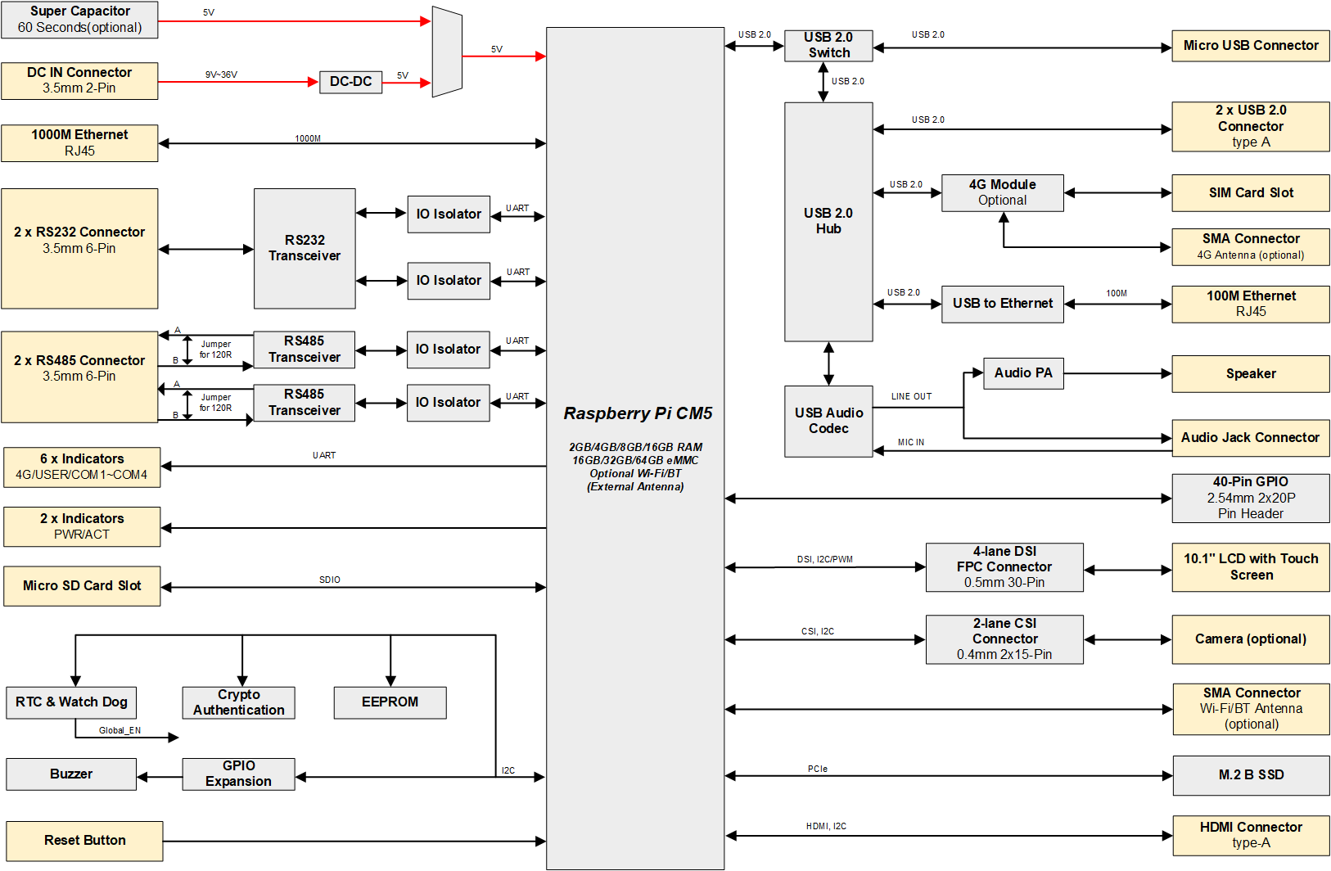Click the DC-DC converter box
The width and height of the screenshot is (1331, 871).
coord(350,82)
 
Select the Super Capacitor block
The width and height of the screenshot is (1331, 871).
coord(79,20)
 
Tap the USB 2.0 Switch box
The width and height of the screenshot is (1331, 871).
coord(828,45)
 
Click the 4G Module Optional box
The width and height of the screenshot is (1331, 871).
coord(1002,192)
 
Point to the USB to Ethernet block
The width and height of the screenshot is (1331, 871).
coord(1002,304)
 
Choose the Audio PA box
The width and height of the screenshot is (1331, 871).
coord(1022,373)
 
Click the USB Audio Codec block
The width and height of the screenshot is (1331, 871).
coord(828,421)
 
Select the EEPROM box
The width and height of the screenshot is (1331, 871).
coord(390,702)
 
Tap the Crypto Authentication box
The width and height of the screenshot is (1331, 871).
coord(238,702)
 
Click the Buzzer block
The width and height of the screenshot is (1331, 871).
coord(71,774)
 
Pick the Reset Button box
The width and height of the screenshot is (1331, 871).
coord(84,841)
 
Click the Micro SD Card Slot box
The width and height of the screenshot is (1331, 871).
coord(82,586)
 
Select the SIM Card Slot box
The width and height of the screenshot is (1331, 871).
coord(1250,193)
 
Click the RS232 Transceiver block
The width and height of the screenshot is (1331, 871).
coord(305,248)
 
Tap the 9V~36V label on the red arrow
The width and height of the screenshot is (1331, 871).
coord(221,74)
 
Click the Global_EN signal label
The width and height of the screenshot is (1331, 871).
coord(120,730)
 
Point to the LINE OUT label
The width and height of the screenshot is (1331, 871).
coord(911,396)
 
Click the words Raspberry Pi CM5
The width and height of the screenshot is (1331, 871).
coord(638,413)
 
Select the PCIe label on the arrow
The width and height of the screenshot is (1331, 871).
coord(817,769)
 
